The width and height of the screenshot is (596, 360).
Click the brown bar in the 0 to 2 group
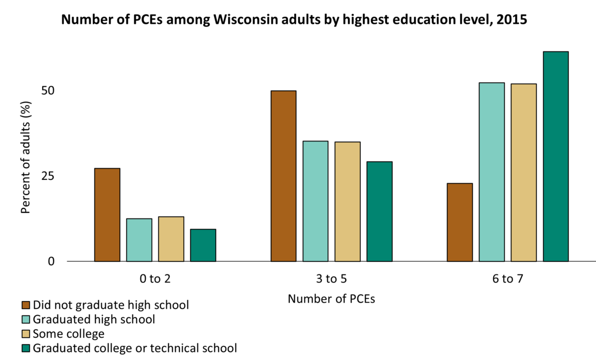click(x=107, y=215)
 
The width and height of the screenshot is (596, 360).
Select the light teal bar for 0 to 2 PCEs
click(x=139, y=240)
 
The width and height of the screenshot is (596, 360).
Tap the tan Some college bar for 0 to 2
click(x=171, y=239)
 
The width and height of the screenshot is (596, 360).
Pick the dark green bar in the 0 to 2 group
click(x=203, y=245)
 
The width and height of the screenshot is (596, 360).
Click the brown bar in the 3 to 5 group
click(x=283, y=176)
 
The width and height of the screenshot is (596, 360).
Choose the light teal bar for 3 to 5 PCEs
click(x=315, y=201)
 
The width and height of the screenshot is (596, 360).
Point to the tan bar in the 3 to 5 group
click(x=347, y=201)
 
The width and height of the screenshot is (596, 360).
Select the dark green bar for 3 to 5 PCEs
click(x=379, y=211)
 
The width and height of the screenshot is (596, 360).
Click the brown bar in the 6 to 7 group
click(x=460, y=222)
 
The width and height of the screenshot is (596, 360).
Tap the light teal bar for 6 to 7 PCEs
click(x=492, y=172)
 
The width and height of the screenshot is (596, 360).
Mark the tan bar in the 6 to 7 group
click(x=524, y=172)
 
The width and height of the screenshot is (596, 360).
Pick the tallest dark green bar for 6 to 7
click(x=556, y=156)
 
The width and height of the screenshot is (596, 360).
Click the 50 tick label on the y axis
click(x=49, y=90)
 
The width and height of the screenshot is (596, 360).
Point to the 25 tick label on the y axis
click(x=49, y=176)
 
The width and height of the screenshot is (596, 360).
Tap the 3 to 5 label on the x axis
click(x=331, y=280)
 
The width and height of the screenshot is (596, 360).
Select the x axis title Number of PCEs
click(x=331, y=299)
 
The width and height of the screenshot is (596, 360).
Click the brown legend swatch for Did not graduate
click(x=26, y=305)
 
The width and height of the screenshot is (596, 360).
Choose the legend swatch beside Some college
click(x=26, y=333)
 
